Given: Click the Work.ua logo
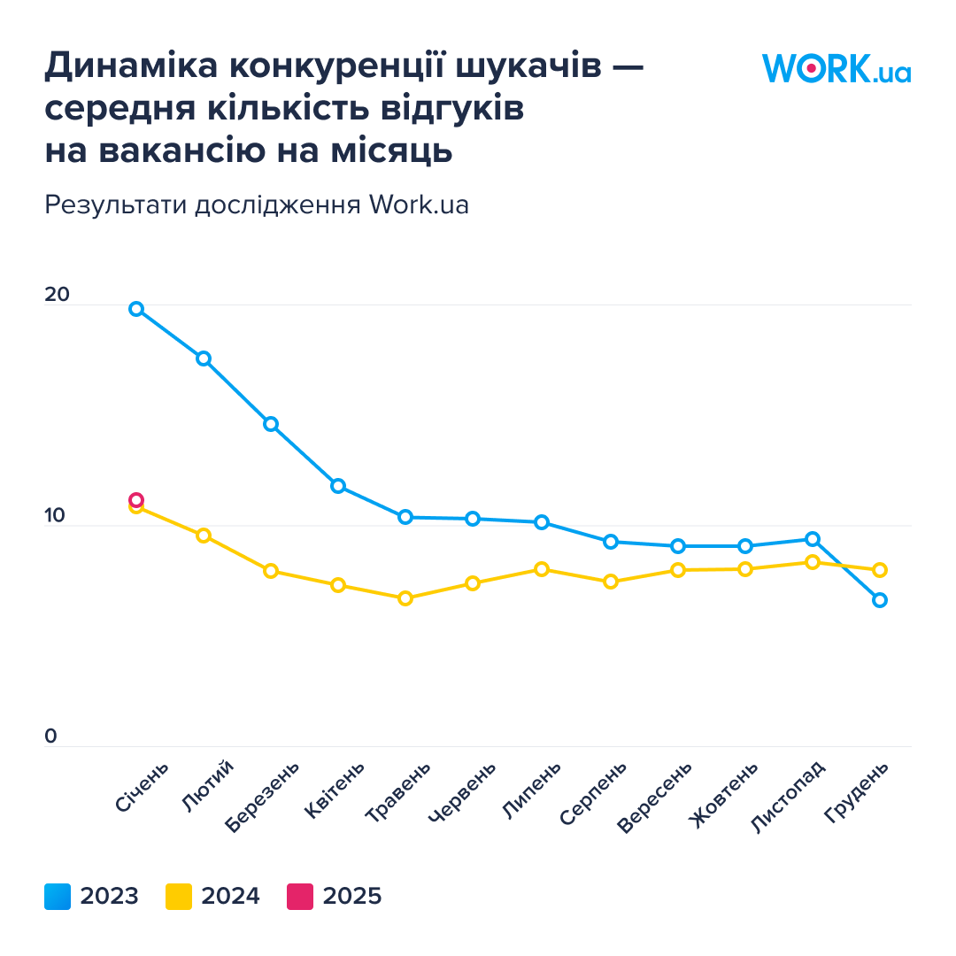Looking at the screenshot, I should (x=836, y=68).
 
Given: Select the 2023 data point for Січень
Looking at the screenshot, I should (x=136, y=309).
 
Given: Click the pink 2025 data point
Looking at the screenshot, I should (x=136, y=500).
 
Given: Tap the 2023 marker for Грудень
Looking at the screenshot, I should (x=880, y=600).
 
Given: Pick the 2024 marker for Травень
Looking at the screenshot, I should (x=405, y=598).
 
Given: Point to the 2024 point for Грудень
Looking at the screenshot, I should (x=880, y=570).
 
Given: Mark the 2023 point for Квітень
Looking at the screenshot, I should (x=338, y=486).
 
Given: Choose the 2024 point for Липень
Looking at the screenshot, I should (x=542, y=569).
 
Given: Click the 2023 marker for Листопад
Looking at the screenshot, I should (x=813, y=539).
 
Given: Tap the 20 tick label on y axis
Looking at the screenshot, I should (x=57, y=295).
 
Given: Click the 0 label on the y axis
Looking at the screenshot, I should (x=51, y=736).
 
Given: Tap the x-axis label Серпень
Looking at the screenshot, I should (x=593, y=793).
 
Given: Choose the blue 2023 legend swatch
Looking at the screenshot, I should (x=58, y=897).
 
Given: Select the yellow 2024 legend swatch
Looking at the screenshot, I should (x=179, y=897).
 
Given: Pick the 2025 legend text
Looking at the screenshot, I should (x=352, y=897).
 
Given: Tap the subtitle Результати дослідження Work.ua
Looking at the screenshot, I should (x=256, y=204).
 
